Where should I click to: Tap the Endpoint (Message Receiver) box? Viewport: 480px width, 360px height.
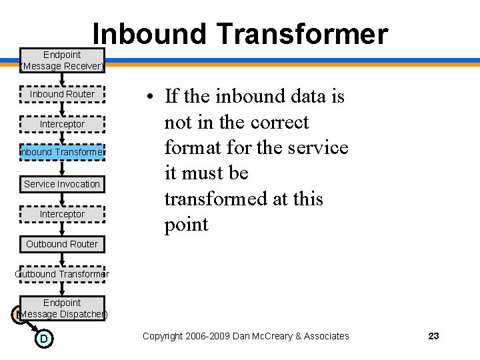click(x=62, y=60)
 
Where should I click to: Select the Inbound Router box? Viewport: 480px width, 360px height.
click(x=62, y=94)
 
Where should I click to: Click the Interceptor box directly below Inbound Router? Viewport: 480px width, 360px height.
click(x=62, y=124)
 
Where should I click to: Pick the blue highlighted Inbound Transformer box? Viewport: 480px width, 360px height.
click(x=62, y=153)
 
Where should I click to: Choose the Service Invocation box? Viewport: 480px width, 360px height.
click(x=62, y=184)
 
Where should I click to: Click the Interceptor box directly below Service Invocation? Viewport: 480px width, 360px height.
click(x=62, y=214)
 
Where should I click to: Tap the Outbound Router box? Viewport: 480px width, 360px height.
click(x=62, y=244)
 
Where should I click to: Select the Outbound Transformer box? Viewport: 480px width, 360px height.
click(x=62, y=274)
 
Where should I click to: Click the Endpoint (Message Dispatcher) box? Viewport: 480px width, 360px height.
click(x=62, y=308)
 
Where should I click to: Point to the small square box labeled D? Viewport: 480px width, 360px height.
click(x=43, y=339)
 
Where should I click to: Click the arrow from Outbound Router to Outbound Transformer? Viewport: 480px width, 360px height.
click(x=62, y=259)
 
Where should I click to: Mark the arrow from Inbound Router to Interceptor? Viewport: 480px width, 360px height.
click(x=62, y=109)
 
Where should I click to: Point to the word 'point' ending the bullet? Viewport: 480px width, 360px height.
click(x=186, y=225)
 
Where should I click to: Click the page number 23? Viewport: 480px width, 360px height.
click(x=433, y=336)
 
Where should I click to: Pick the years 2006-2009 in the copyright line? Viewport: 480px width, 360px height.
click(x=207, y=336)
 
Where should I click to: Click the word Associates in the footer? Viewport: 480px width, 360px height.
click(x=325, y=336)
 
